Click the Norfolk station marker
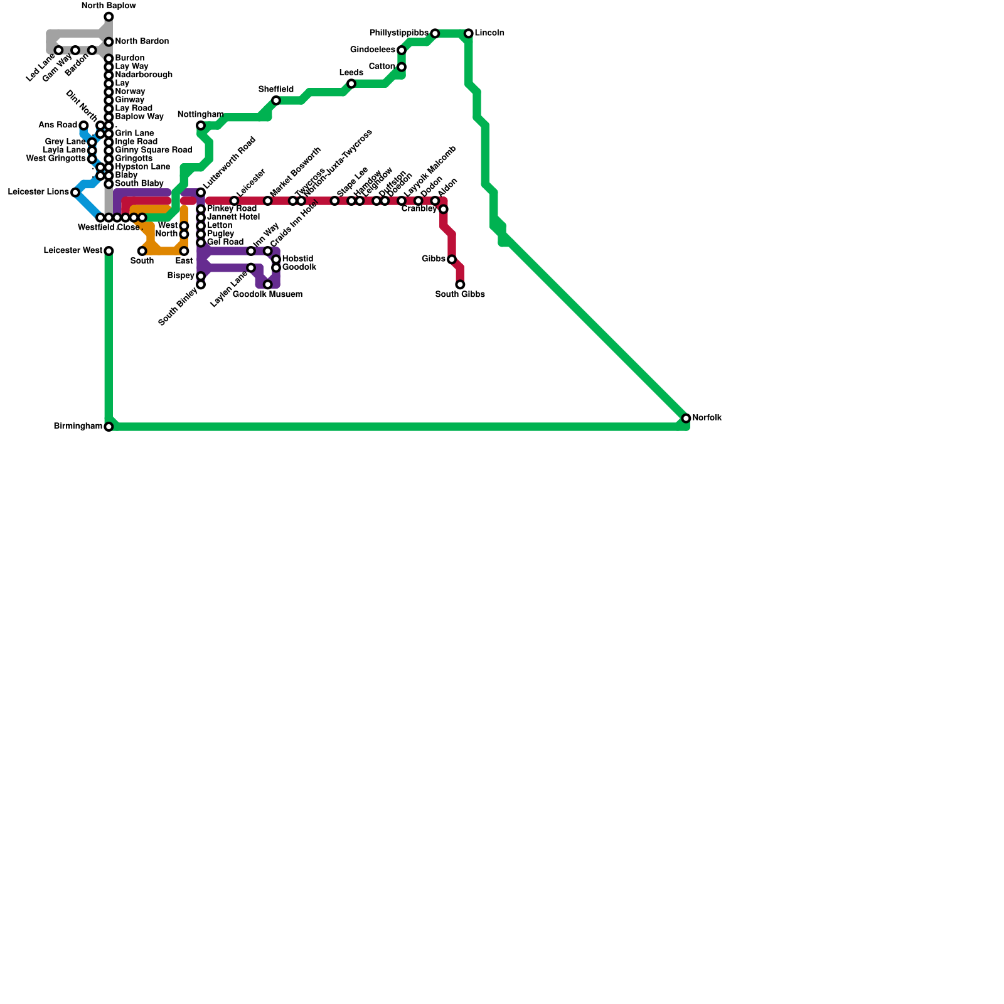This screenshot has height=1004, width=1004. pyautogui.click(x=686, y=419)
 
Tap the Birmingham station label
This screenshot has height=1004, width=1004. pyautogui.click(x=78, y=427)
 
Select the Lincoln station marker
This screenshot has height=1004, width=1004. pyautogui.click(x=468, y=33)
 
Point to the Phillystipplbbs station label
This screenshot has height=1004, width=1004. pyautogui.click(x=398, y=33)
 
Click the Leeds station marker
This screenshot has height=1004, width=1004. pyautogui.click(x=351, y=84)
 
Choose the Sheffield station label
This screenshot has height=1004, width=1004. pyautogui.click(x=276, y=90)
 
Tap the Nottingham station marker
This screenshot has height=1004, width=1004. pyautogui.click(x=201, y=125)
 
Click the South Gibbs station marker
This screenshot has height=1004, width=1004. pyautogui.click(x=460, y=285)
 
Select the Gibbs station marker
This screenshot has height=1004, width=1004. pyautogui.click(x=452, y=259)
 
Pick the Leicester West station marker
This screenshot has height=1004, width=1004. pyautogui.click(x=109, y=251)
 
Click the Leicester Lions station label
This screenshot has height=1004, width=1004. pyautogui.click(x=38, y=192)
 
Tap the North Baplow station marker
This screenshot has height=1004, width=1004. pyautogui.click(x=109, y=17)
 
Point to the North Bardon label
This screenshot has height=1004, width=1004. pyautogui.click(x=142, y=41)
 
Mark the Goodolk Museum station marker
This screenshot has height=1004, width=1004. pyautogui.click(x=267, y=285)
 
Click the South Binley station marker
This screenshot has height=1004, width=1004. pyautogui.click(x=201, y=285)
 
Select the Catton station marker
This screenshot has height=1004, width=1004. pyautogui.click(x=402, y=67)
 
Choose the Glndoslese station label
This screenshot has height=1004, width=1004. pyautogui.click(x=373, y=50)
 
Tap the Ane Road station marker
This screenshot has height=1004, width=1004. pyautogui.click(x=83, y=125)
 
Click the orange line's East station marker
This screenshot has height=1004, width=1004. pyautogui.click(x=184, y=251)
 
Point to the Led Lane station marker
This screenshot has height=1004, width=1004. pyautogui.click(x=58, y=50)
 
